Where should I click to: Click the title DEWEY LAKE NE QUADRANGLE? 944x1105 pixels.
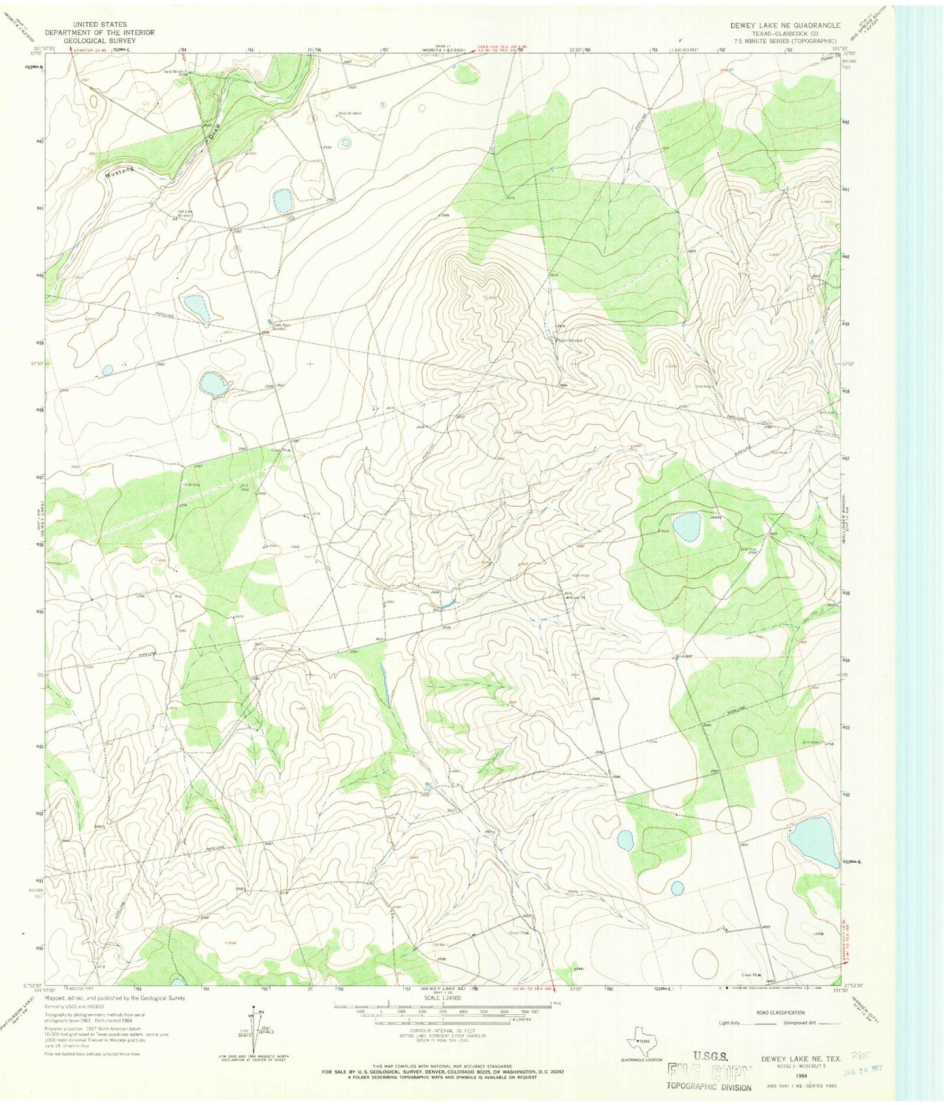(x=785, y=25)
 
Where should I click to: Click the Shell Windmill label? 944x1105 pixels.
(x=350, y=113)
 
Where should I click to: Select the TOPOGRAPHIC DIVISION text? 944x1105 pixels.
(x=708, y=1087)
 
